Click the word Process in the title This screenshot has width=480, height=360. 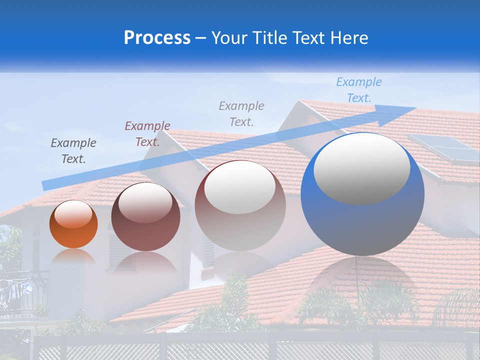[x=157, y=38]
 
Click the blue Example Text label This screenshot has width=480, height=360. [x=358, y=90]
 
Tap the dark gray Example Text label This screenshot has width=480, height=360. [x=73, y=151]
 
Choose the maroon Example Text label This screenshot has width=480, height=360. [x=147, y=134]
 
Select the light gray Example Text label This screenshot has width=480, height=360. [x=241, y=113]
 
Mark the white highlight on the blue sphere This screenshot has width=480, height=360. [x=362, y=167]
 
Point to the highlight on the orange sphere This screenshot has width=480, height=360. [x=73, y=214]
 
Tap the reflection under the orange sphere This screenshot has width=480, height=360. [x=73, y=256]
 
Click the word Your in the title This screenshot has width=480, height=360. [x=228, y=38]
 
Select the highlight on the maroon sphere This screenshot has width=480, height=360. [x=145, y=202]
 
